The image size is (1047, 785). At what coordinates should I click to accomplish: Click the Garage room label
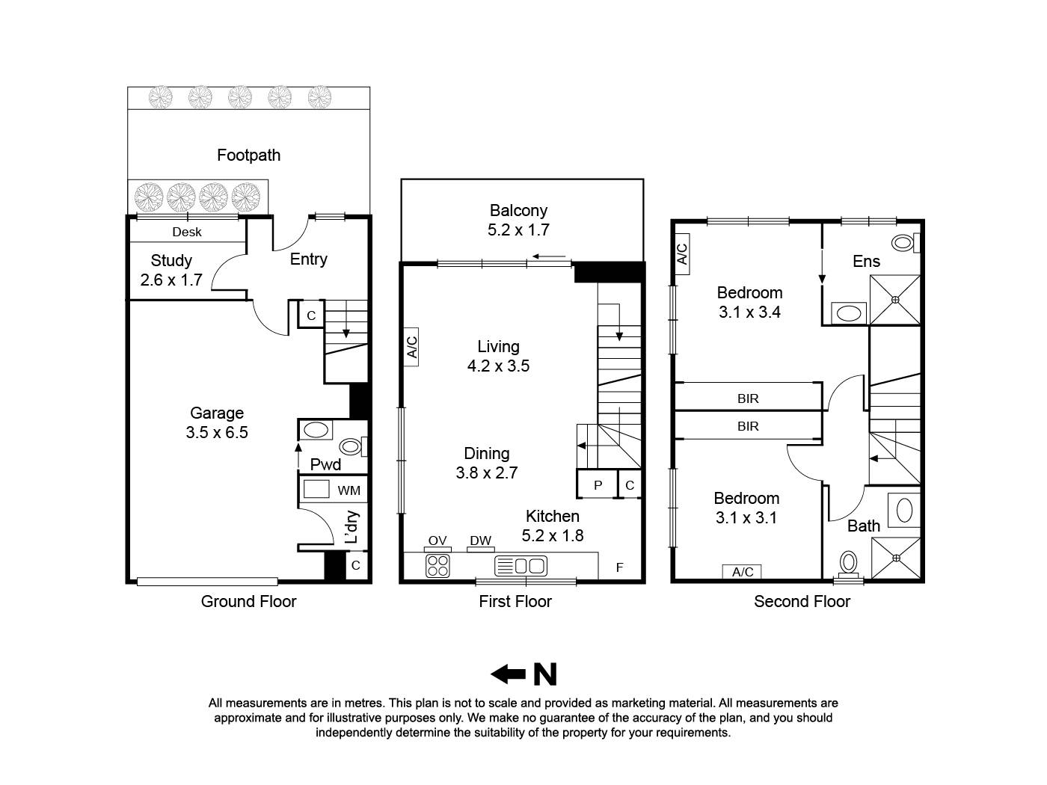[x=217, y=422]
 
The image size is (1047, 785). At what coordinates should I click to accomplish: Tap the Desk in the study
[x=187, y=232]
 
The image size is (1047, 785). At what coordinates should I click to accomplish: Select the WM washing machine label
[x=349, y=490]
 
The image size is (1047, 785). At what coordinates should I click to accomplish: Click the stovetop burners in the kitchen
[x=437, y=565]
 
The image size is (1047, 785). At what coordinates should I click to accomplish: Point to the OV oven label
[x=437, y=541]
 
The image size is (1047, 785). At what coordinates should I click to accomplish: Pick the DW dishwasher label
[x=480, y=541]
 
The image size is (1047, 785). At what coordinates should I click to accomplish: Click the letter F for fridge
[x=619, y=567]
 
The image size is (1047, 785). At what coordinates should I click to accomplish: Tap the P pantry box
[x=598, y=485]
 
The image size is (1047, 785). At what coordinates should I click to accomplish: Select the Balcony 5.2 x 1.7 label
[x=518, y=221]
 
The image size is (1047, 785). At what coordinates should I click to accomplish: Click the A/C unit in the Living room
[x=411, y=347]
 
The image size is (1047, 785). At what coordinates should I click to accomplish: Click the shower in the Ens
[x=895, y=301]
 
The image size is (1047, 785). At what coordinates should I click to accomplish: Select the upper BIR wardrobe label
[x=748, y=398]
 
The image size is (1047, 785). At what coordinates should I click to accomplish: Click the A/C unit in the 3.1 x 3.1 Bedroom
[x=743, y=572]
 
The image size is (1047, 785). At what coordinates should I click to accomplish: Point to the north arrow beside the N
[x=508, y=674]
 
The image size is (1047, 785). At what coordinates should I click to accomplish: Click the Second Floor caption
[x=802, y=601]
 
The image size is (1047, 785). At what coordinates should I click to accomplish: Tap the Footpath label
[x=248, y=155]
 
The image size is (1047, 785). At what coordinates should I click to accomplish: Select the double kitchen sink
[x=521, y=565]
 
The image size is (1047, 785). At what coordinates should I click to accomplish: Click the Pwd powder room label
[x=325, y=464]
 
